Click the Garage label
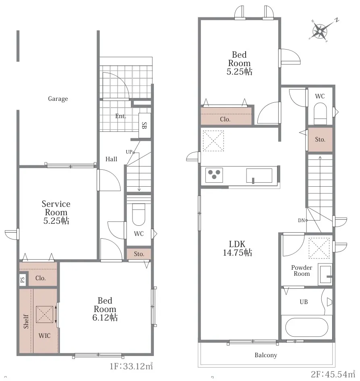(x=58, y=99)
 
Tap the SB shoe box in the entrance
(x=145, y=125)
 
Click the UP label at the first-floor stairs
(x=129, y=152)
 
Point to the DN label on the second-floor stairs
(x=301, y=221)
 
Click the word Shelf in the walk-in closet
(x=26, y=321)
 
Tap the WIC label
(x=44, y=336)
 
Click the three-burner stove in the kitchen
(x=214, y=175)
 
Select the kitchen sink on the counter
(x=259, y=175)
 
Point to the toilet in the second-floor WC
(x=320, y=114)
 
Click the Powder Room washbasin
(x=325, y=274)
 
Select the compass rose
(x=321, y=31)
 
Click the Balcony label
(x=266, y=355)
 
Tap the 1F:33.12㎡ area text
(x=131, y=366)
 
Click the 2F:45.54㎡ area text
(x=333, y=374)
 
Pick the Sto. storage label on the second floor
(x=320, y=139)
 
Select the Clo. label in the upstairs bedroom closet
(x=225, y=119)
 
